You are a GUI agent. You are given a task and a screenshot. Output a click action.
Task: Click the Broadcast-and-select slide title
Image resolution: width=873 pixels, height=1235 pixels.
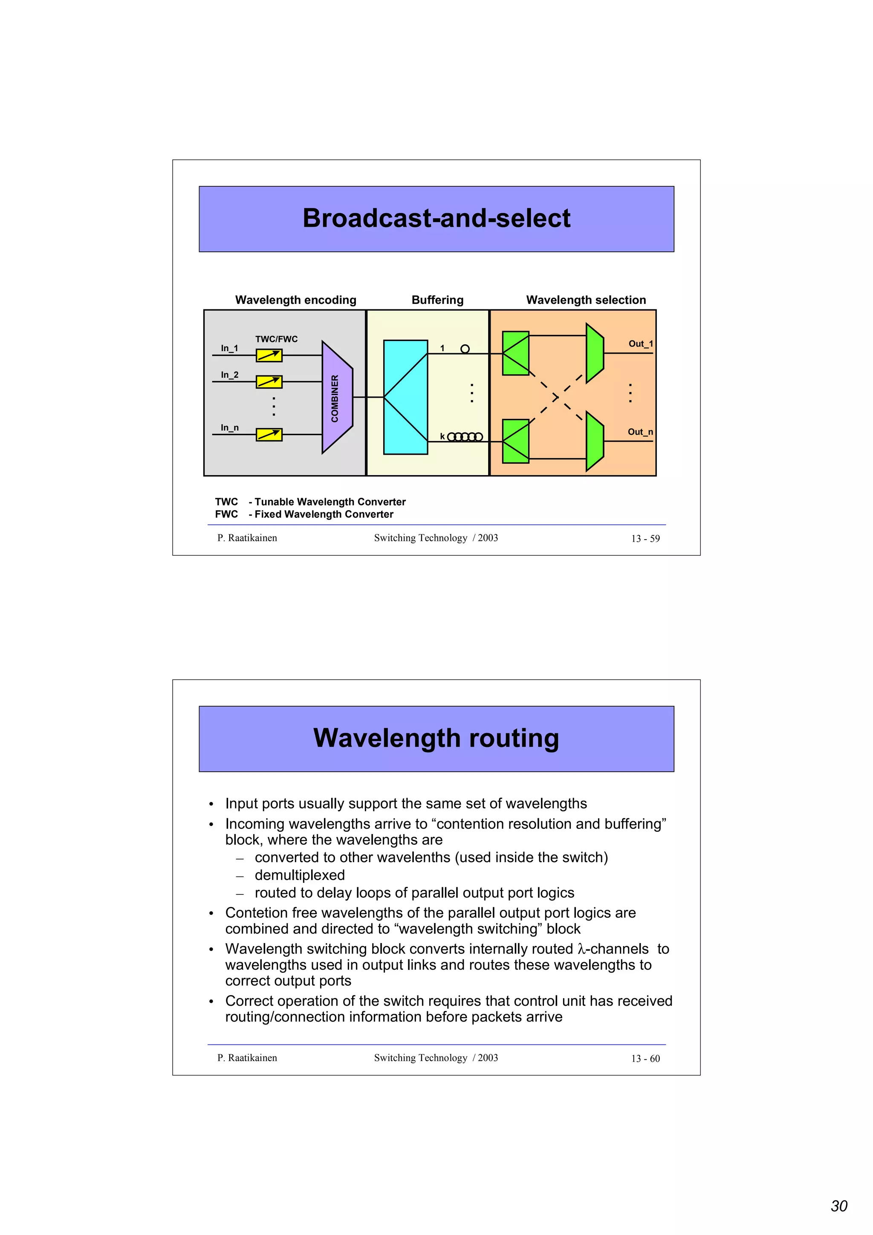click(436, 218)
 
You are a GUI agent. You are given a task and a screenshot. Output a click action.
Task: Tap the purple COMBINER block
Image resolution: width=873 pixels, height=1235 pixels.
click(337, 398)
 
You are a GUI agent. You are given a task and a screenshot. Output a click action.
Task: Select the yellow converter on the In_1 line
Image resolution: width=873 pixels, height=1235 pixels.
click(269, 355)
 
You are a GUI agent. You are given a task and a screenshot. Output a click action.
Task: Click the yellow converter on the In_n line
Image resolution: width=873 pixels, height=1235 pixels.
click(269, 434)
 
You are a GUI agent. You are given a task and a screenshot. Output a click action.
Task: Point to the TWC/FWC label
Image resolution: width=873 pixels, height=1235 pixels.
click(276, 339)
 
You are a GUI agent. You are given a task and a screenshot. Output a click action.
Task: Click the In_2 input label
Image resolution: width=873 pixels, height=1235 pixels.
click(229, 374)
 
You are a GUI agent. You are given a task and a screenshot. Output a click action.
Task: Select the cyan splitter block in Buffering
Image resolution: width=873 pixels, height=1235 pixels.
click(405, 397)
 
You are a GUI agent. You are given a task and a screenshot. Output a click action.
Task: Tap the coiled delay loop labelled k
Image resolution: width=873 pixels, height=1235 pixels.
click(465, 437)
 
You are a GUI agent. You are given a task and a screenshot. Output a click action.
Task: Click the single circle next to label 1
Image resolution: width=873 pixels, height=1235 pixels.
click(465, 349)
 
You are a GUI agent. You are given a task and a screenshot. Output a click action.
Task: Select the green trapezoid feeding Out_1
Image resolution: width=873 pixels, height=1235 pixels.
click(594, 353)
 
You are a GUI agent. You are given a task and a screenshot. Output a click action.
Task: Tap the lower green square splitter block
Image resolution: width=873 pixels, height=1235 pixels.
click(515, 441)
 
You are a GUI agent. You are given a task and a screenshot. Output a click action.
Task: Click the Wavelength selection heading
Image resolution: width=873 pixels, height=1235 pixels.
click(586, 300)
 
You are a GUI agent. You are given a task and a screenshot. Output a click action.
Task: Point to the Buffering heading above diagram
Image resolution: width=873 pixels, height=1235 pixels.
click(437, 300)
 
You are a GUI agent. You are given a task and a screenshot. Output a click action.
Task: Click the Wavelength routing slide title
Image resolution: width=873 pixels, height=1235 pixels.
click(436, 738)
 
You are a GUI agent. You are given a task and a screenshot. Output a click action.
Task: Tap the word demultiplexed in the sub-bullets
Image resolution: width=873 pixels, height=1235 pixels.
click(300, 875)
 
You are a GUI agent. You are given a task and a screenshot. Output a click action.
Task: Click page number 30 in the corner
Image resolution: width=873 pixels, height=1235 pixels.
click(838, 1206)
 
